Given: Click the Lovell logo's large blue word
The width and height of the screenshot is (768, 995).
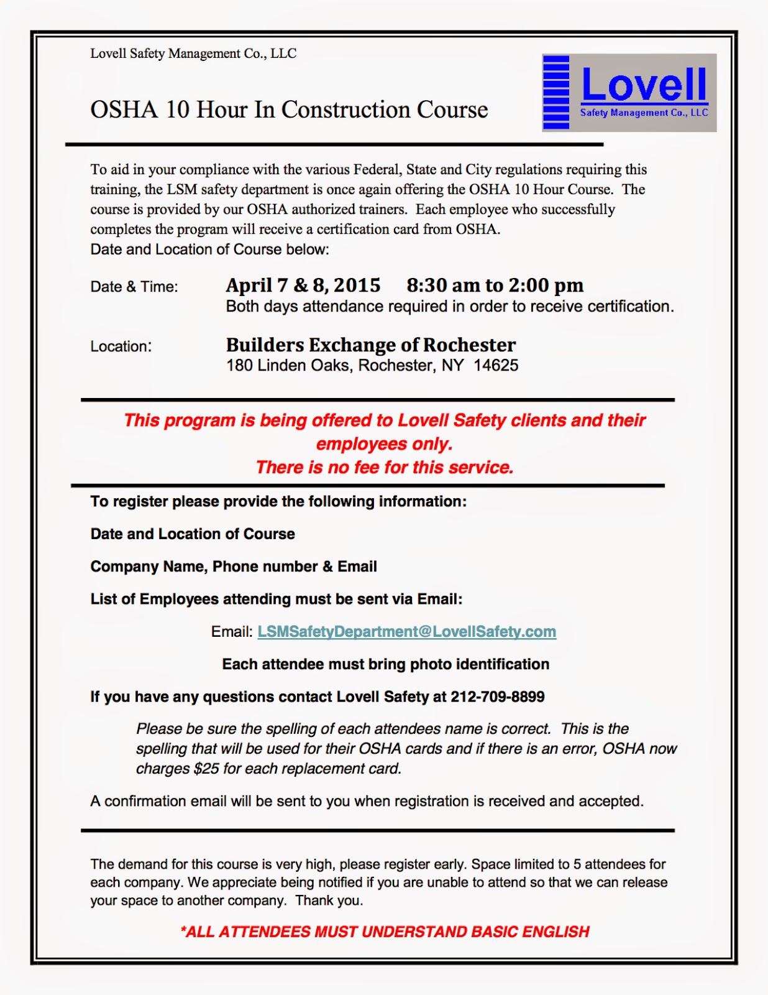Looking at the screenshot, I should [x=644, y=85].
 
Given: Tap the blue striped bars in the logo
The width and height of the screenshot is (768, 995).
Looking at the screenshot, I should [x=556, y=92].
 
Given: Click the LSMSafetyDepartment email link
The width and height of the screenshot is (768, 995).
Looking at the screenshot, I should [x=406, y=632].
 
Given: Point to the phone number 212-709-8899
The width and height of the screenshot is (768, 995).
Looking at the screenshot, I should [x=497, y=697].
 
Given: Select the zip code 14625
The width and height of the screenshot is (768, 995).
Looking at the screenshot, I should [x=496, y=366].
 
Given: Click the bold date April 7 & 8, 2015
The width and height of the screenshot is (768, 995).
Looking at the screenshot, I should [x=303, y=285].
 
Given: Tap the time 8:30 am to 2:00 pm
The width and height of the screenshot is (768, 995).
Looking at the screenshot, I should [x=495, y=285].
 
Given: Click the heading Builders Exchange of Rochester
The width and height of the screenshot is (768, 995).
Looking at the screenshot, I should [x=370, y=345].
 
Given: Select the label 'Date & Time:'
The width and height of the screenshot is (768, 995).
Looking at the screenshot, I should [x=134, y=287].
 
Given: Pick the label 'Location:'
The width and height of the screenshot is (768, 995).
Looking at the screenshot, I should [x=121, y=346].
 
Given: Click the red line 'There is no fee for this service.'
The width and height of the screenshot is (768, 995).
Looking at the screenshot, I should [x=385, y=468].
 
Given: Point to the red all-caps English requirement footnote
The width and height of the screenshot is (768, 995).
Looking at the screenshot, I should [x=385, y=932].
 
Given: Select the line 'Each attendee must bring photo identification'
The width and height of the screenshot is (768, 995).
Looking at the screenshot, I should [x=385, y=665].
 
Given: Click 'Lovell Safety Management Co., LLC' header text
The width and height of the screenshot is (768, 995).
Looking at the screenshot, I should [x=193, y=54].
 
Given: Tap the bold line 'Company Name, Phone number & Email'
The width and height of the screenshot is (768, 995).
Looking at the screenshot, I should [x=234, y=567].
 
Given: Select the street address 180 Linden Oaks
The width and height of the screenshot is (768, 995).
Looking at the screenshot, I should [x=289, y=366].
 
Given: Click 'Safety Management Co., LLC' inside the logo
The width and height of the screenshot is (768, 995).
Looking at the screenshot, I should [x=644, y=113].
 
